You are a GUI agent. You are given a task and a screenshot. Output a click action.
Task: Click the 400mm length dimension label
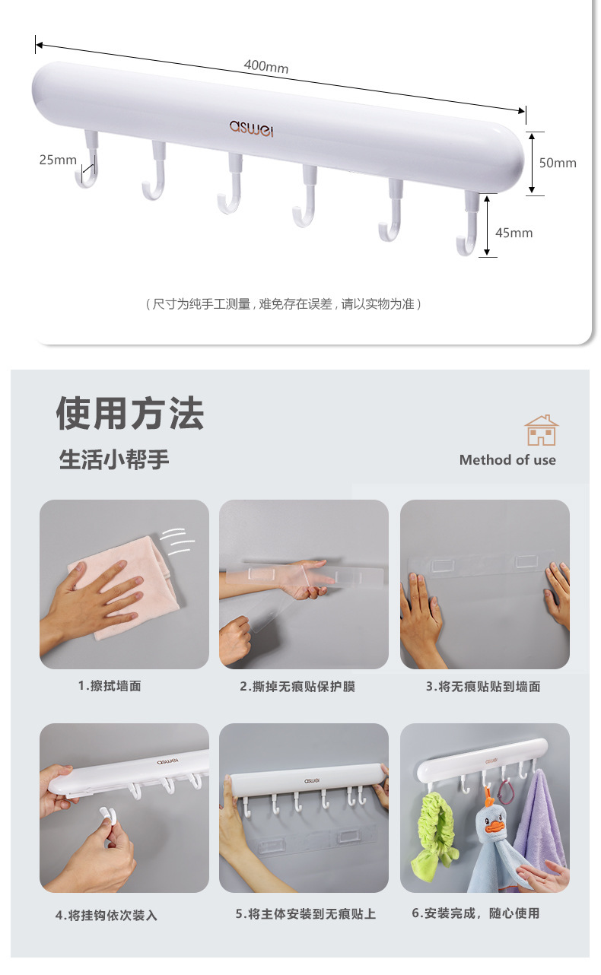click(266, 67)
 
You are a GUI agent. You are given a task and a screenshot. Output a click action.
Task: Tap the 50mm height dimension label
click(558, 163)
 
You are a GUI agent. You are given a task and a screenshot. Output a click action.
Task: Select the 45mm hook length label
click(514, 233)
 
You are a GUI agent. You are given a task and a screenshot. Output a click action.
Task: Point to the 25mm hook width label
click(58, 160)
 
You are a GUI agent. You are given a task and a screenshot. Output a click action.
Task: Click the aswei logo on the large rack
click(251, 128)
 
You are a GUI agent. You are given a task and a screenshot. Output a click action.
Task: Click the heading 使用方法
click(130, 413)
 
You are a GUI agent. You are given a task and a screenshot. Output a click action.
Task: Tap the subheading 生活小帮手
click(114, 459)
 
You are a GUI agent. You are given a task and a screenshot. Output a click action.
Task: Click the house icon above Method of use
click(542, 430)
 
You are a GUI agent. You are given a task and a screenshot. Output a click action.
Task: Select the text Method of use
click(507, 460)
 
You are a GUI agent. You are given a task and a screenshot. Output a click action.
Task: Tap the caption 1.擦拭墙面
click(110, 687)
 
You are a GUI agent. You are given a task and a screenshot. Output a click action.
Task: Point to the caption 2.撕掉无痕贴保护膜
click(297, 687)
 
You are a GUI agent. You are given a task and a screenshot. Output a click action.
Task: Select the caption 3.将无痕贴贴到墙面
click(483, 687)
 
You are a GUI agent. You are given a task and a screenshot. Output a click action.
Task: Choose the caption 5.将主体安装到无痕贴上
click(306, 914)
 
